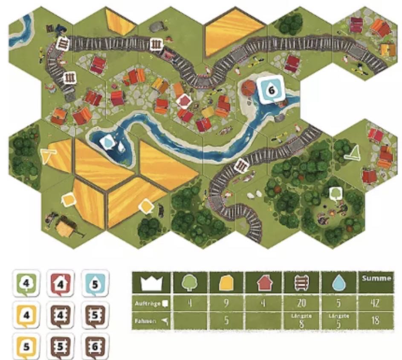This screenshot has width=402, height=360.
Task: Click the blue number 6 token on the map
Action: click(269, 89)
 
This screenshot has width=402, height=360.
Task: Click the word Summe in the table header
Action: click(376, 279)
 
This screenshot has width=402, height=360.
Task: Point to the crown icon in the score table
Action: click(151, 282)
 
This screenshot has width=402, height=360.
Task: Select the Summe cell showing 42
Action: click(376, 304)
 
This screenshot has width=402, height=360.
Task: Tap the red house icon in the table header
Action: click(264, 282)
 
